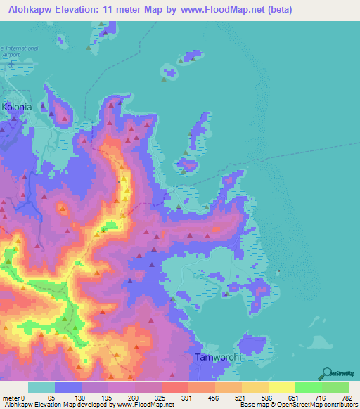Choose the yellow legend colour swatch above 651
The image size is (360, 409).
coord(281,387)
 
